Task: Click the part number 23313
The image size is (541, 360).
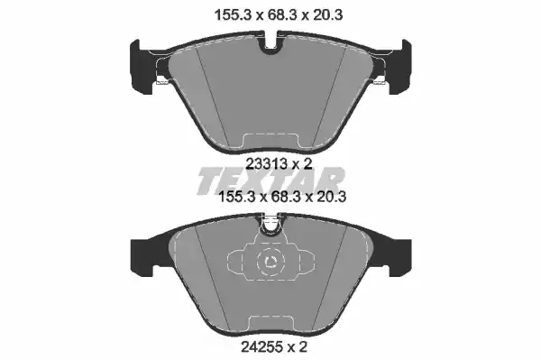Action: click(266, 164)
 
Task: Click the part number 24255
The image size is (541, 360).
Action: click(261, 346)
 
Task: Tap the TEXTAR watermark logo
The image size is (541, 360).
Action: click(271, 180)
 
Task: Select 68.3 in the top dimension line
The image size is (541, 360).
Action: click(282, 15)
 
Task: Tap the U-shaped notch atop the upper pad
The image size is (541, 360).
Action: click(270, 44)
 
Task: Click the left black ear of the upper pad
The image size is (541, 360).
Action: click(142, 68)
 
